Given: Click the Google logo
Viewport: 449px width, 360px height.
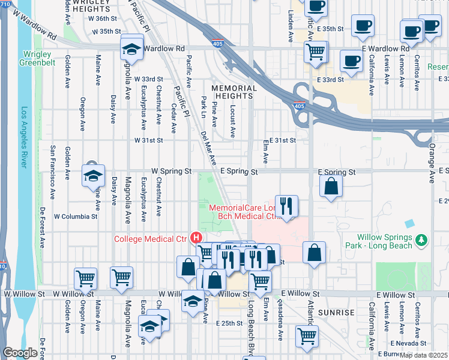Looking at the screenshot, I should [20, 353].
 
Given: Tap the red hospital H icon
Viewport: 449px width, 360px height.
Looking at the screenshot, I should [195, 238].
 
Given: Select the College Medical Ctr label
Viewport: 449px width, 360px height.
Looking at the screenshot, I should [150, 239].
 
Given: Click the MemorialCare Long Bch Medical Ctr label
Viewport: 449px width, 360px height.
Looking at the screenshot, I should [245, 212].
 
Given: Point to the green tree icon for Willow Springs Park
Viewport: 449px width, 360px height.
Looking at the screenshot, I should [422, 240].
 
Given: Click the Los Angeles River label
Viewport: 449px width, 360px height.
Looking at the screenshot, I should [25, 137].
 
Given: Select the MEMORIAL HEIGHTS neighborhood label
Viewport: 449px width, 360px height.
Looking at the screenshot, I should [234, 92].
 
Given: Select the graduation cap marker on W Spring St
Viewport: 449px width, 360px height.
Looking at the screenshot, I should [93, 175].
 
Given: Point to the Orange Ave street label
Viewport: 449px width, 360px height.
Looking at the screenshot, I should [432, 150].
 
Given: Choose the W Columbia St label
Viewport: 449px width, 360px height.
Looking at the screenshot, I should [75, 215].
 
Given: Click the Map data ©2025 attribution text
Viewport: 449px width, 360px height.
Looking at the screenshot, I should [424, 355].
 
